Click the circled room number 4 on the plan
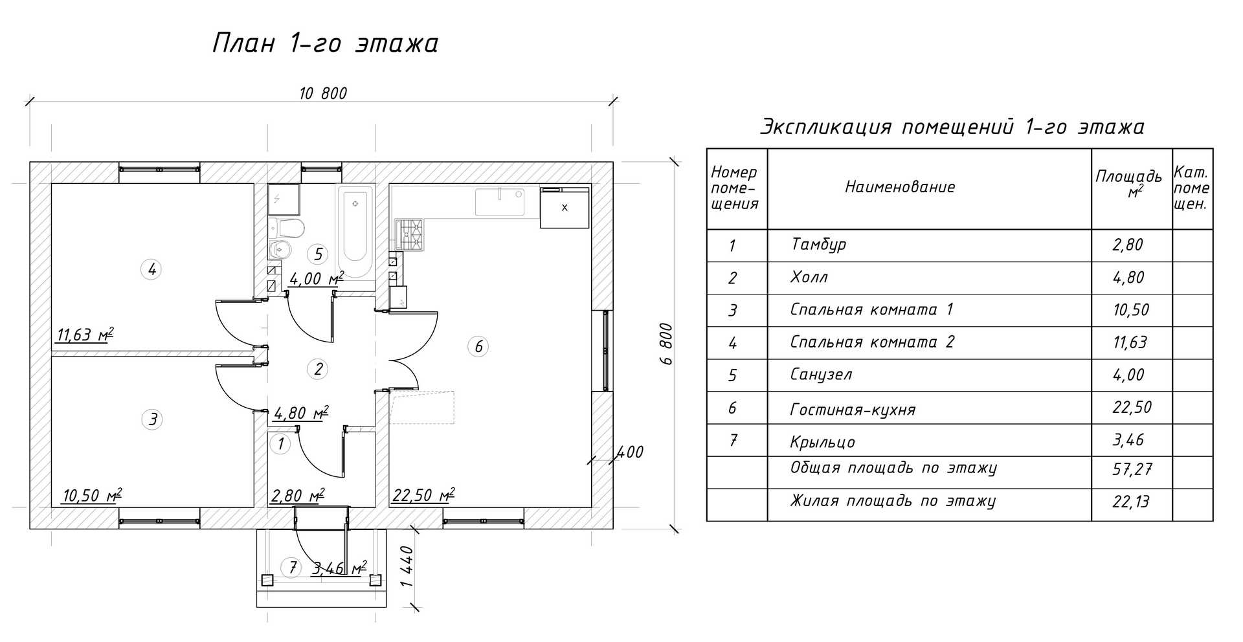(151, 269)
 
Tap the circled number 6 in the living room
(478, 347)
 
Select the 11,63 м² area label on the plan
(85, 335)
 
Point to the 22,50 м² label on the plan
(423, 496)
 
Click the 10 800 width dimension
(323, 94)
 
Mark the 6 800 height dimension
(667, 344)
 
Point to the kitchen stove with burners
(410, 234)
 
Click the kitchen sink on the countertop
(500, 202)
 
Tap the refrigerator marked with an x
(565, 208)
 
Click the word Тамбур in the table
(818, 245)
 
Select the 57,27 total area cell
(1132, 469)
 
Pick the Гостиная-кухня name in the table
(853, 410)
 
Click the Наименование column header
(900, 188)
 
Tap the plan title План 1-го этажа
(326, 44)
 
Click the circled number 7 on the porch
(293, 568)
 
